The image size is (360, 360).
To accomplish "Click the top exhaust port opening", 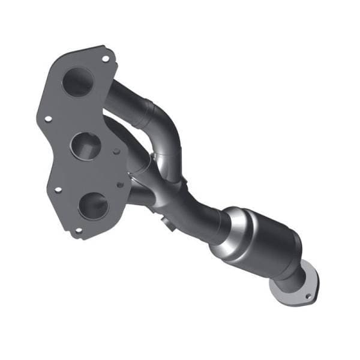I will (x=77, y=82).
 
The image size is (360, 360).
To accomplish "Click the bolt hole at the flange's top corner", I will (x=106, y=59).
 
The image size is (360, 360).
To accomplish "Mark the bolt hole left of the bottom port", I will (x=58, y=190).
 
